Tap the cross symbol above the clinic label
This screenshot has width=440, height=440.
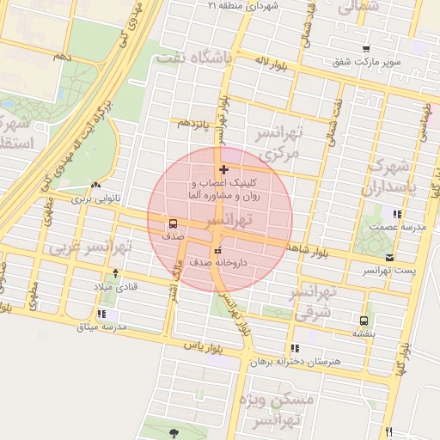point(224,169)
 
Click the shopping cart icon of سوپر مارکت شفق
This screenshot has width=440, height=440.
point(367,48)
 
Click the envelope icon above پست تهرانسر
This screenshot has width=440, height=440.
point(390,258)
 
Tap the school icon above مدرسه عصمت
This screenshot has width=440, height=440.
point(395,214)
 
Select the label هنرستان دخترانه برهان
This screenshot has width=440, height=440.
point(295,362)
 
